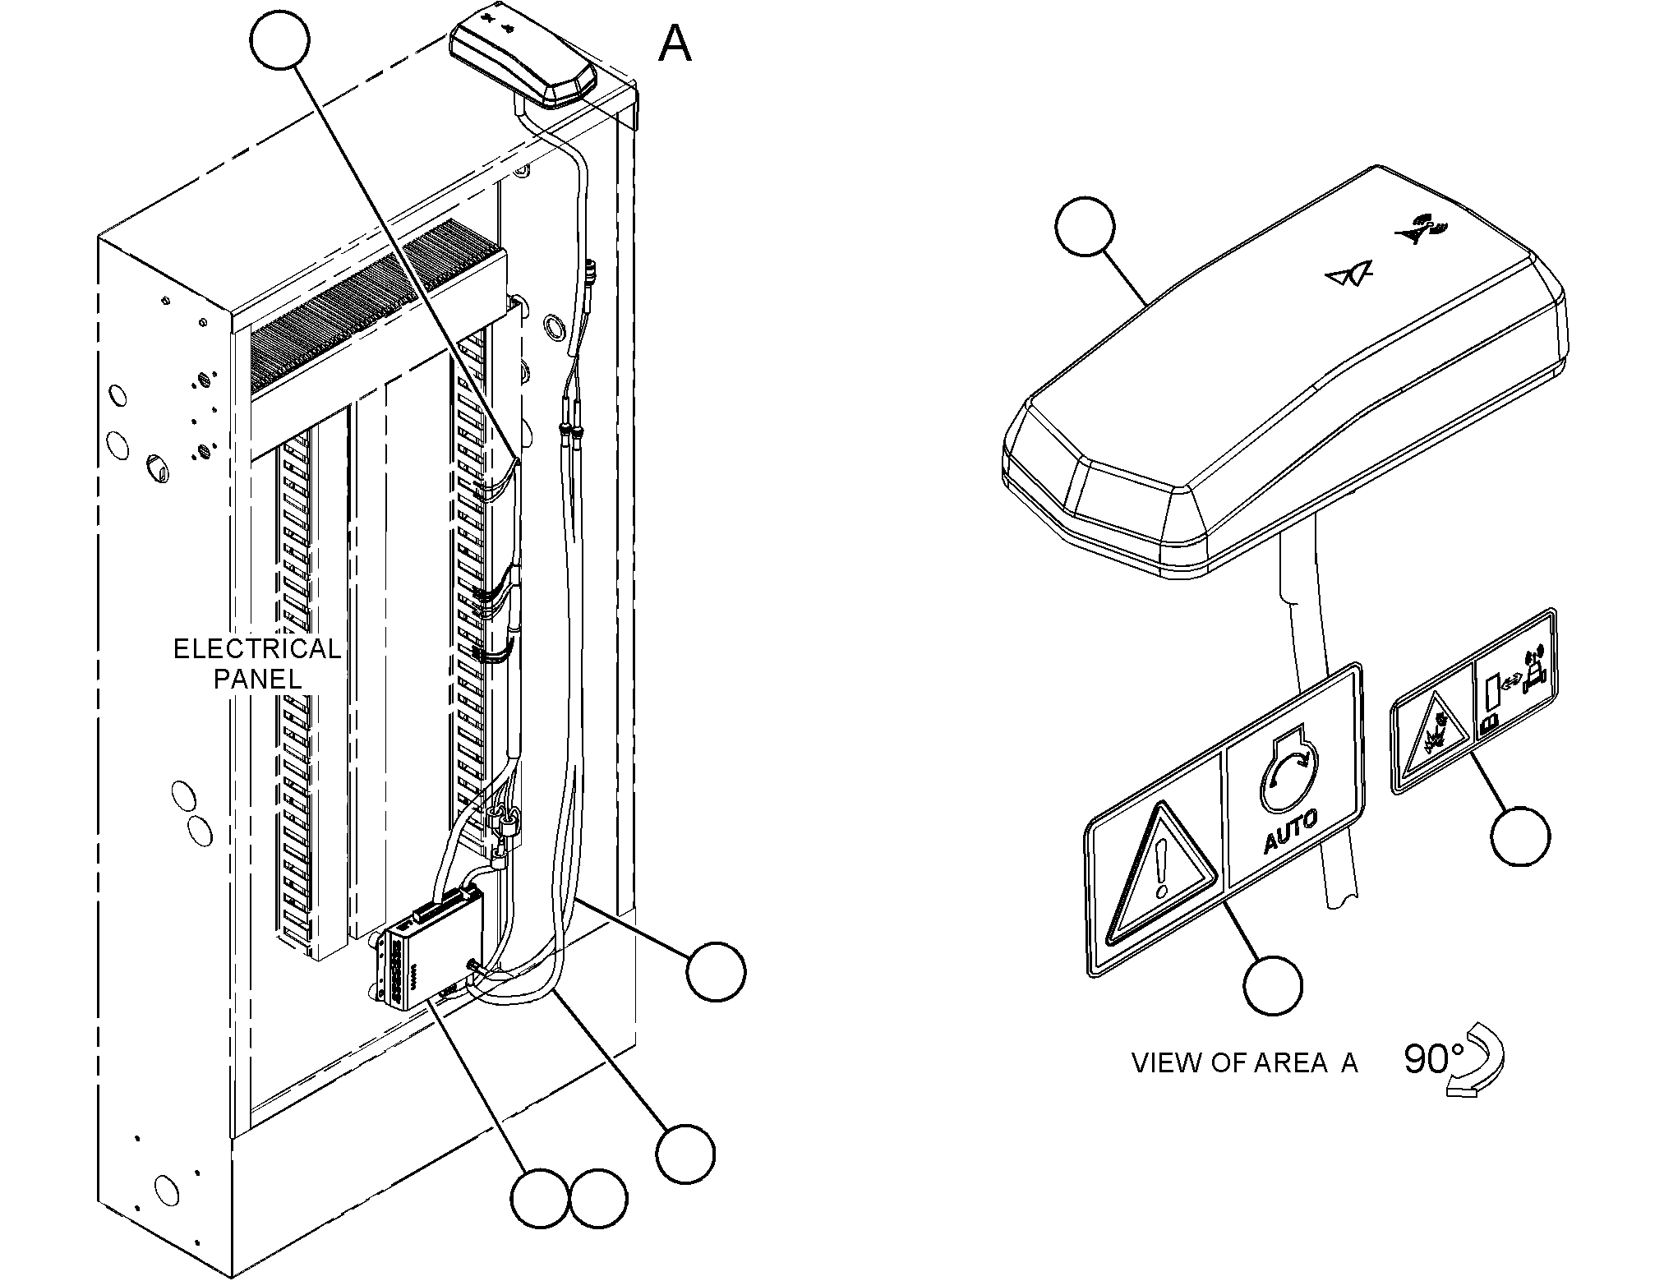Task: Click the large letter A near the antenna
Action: [x=675, y=44]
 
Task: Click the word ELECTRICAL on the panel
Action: [x=257, y=650]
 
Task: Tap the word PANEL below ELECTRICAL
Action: [x=257, y=680]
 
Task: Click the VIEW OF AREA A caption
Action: [x=1245, y=1063]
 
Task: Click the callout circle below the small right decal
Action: [x=1520, y=836]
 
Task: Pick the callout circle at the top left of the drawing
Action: [x=280, y=40]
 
